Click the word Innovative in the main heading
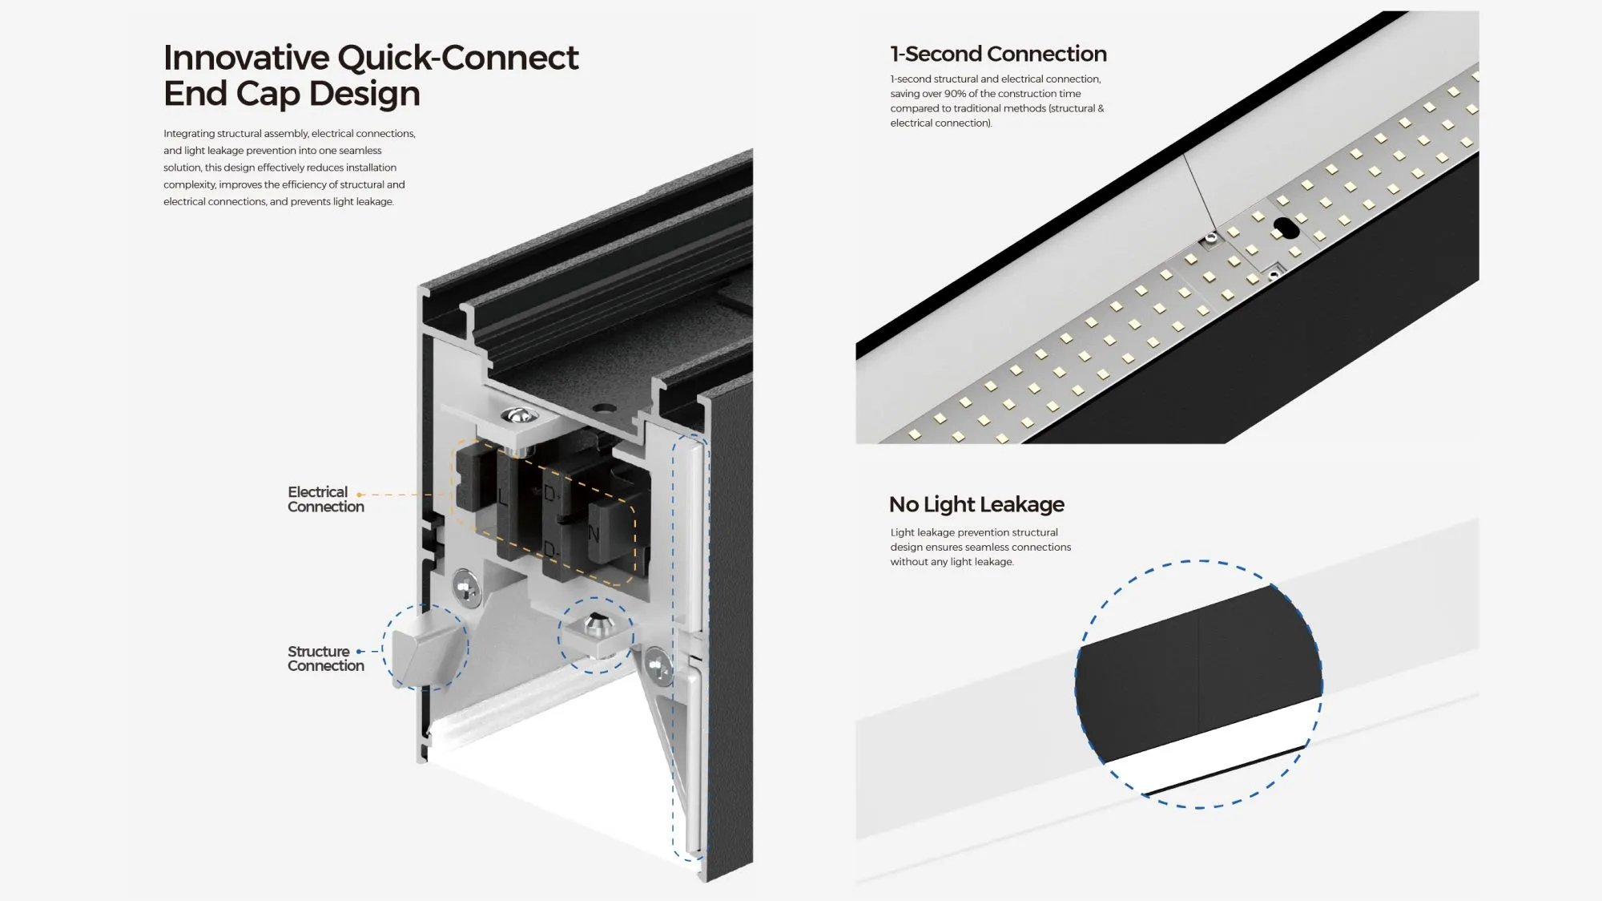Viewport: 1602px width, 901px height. coord(246,58)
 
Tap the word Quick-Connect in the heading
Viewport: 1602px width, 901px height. coord(457,58)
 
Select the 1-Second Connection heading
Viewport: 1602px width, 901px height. coord(998,54)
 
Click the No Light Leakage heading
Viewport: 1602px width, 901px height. coord(976,504)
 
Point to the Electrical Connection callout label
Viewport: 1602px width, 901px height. coord(325,499)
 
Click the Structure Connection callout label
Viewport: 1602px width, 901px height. coord(325,658)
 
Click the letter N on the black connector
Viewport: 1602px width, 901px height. coord(594,534)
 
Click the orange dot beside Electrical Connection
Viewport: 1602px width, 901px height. coord(360,495)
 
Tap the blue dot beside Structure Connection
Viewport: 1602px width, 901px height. coord(360,652)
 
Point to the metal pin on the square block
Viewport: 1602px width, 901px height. coord(595,622)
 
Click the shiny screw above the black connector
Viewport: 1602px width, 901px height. coord(518,415)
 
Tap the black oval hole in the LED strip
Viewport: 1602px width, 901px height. coord(1286,228)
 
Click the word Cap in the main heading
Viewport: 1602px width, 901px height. coord(268,95)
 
